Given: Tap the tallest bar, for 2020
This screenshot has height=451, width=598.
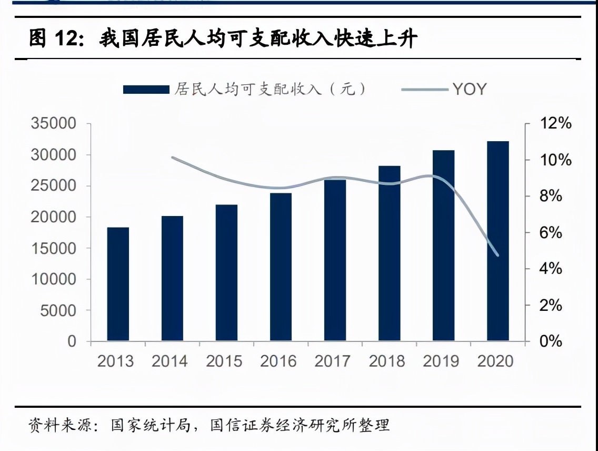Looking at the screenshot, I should point(497,241).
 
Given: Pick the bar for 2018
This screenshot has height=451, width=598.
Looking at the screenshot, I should point(389,253).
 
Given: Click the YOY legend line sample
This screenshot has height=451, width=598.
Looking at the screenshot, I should point(424,90).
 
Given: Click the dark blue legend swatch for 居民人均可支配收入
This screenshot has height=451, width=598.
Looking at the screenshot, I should point(146,90).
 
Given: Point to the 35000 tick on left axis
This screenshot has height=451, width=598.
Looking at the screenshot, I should point(54,124).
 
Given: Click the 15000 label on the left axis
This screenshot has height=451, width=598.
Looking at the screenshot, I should point(54,249).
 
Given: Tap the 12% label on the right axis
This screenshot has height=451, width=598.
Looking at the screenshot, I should point(555,124).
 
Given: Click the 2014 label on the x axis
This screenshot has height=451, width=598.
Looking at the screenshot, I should point(170,361).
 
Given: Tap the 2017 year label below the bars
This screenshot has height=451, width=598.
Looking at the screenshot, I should point(332,361).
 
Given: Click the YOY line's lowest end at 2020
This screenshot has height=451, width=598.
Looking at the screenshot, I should point(497,256).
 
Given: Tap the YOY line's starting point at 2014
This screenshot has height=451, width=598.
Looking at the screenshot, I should point(173,158).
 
